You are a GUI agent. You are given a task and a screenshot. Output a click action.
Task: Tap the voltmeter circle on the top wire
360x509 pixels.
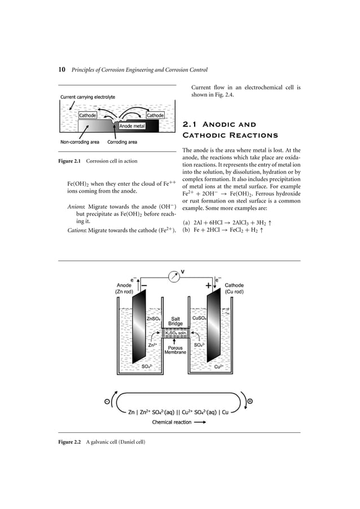pyautogui.click(x=175, y=277)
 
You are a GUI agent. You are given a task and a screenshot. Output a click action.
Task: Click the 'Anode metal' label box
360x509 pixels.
pyautogui.click(x=132, y=126)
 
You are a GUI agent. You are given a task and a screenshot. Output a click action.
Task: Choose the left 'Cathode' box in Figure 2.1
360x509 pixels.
pyautogui.click(x=87, y=115)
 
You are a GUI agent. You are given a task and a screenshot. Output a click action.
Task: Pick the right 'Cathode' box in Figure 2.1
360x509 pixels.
pyautogui.click(x=155, y=115)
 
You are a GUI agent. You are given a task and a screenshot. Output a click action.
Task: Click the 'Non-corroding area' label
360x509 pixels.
pyautogui.click(x=79, y=142)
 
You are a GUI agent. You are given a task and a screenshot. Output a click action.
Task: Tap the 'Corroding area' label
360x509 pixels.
pyautogui.click(x=122, y=142)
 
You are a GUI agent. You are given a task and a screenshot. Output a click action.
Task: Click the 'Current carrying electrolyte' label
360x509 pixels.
pyautogui.click(x=87, y=97)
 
